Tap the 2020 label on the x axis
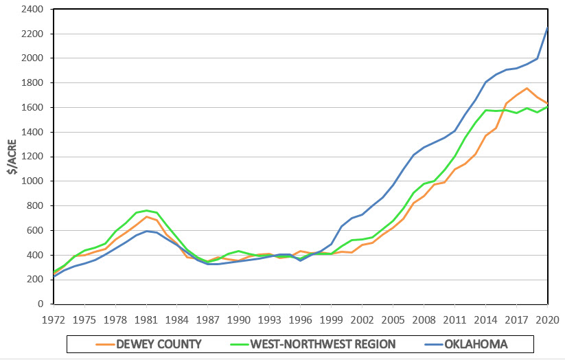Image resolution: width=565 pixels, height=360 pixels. pyautogui.click(x=547, y=319)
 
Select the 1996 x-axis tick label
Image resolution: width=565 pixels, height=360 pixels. pyautogui.click(x=300, y=319)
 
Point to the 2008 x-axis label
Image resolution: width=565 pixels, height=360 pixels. pyautogui.click(x=424, y=319)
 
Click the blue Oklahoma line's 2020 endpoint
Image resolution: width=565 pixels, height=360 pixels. pyautogui.click(x=547, y=27)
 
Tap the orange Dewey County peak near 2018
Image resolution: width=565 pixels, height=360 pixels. pyautogui.click(x=527, y=88)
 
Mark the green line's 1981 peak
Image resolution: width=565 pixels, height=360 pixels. pyautogui.click(x=146, y=210)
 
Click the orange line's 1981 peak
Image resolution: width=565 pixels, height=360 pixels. pyautogui.click(x=146, y=216)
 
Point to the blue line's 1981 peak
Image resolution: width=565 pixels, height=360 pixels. pyautogui.click(x=146, y=231)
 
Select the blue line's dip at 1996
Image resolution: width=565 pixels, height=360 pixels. pyautogui.click(x=300, y=260)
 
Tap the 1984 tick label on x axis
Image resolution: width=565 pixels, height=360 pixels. pyautogui.click(x=176, y=319)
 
